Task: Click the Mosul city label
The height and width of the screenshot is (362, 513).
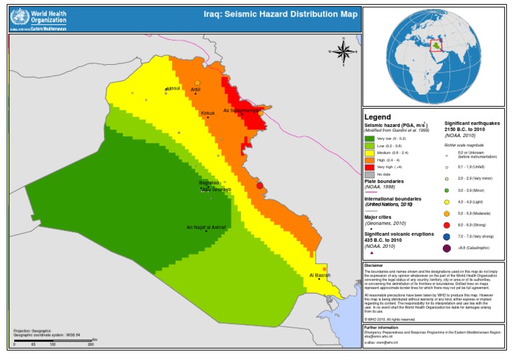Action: tap(172, 88)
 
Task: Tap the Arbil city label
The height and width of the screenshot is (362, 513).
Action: tap(195, 88)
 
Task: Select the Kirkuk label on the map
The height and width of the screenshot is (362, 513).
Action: tap(208, 113)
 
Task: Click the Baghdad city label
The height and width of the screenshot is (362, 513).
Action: tap(209, 182)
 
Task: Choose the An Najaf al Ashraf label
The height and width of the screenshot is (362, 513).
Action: tap(206, 227)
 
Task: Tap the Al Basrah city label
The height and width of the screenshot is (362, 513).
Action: tap(320, 275)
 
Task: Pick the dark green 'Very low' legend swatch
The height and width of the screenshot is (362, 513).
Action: tap(369, 138)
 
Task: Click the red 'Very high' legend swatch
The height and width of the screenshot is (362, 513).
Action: tap(369, 166)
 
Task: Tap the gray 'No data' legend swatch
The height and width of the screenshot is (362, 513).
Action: tap(369, 174)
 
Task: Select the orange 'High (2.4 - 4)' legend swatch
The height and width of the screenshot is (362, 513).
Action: tap(369, 159)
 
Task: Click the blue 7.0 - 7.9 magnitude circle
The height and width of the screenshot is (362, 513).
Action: tap(446, 236)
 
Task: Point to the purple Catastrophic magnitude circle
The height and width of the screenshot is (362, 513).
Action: tap(446, 248)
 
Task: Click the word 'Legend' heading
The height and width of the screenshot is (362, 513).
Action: tap(377, 117)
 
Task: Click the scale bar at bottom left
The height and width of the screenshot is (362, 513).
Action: tap(53, 343)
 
